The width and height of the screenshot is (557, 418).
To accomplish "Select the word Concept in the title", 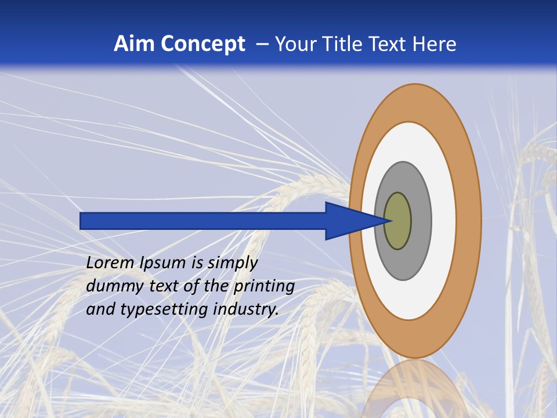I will pyautogui.click(x=202, y=44).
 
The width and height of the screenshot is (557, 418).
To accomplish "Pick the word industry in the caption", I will pyautogui.click(x=246, y=309).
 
